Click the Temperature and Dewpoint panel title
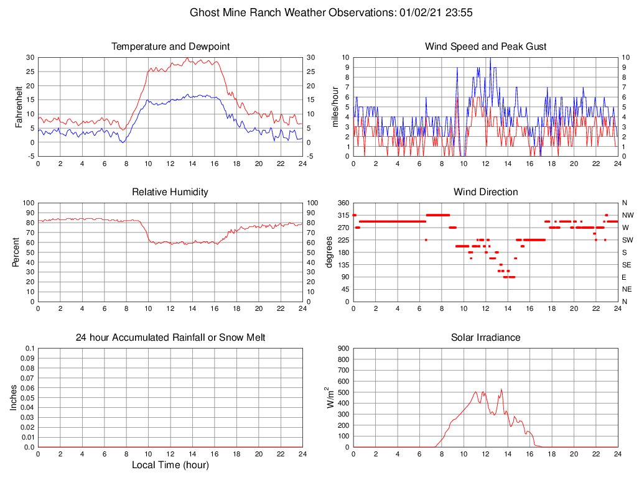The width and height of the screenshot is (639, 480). [170, 47]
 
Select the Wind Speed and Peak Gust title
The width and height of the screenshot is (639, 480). [485, 47]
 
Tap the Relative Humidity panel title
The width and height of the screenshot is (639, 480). [170, 192]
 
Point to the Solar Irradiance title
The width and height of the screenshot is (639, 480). [485, 338]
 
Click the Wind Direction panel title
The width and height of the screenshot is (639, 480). [485, 192]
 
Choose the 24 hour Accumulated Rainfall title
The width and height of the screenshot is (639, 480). [170, 338]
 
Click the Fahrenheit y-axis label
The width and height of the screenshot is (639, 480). [19, 106]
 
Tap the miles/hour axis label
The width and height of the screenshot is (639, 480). [335, 106]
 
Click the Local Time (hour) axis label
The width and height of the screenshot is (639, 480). [170, 465]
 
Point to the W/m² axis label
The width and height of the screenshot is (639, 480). [330, 397]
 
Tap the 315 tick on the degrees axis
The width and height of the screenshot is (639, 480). [343, 215]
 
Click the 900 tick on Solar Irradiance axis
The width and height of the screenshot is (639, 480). [343, 348]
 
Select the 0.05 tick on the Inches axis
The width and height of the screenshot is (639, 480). [29, 398]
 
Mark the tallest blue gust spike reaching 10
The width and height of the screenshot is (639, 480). [490, 58]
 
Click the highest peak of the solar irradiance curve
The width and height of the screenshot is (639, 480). [501, 390]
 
